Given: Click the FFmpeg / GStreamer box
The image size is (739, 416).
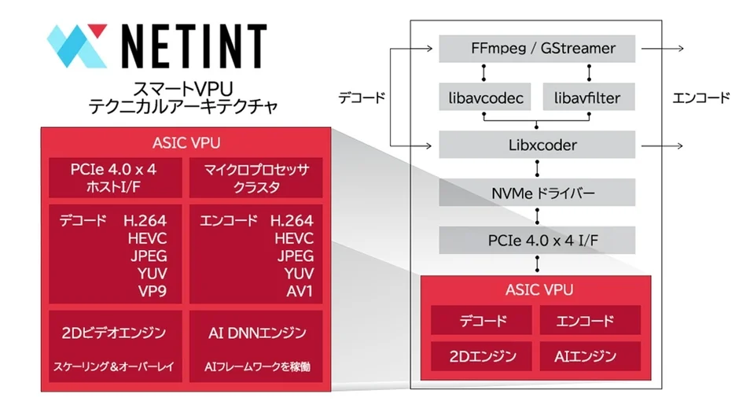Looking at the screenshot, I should click(537, 49).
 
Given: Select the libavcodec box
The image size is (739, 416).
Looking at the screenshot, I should click(483, 98).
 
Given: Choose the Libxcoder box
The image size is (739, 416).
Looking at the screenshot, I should click(537, 145).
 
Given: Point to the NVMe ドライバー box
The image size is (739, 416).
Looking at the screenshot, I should click(537, 192).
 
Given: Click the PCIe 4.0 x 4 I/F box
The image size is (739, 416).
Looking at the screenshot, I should click(537, 239).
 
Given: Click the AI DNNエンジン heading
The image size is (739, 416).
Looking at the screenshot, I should click(256, 333).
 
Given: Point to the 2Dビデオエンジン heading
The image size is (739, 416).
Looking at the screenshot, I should click(115, 333).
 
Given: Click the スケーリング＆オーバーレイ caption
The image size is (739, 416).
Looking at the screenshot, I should click(115, 366).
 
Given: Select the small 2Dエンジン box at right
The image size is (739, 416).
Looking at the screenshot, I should click(482, 356).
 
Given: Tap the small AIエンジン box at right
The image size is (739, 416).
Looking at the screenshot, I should click(590, 356).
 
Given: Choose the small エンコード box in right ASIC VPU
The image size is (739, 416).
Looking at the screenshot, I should click(590, 321).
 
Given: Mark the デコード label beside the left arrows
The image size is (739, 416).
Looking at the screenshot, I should click(362, 98).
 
